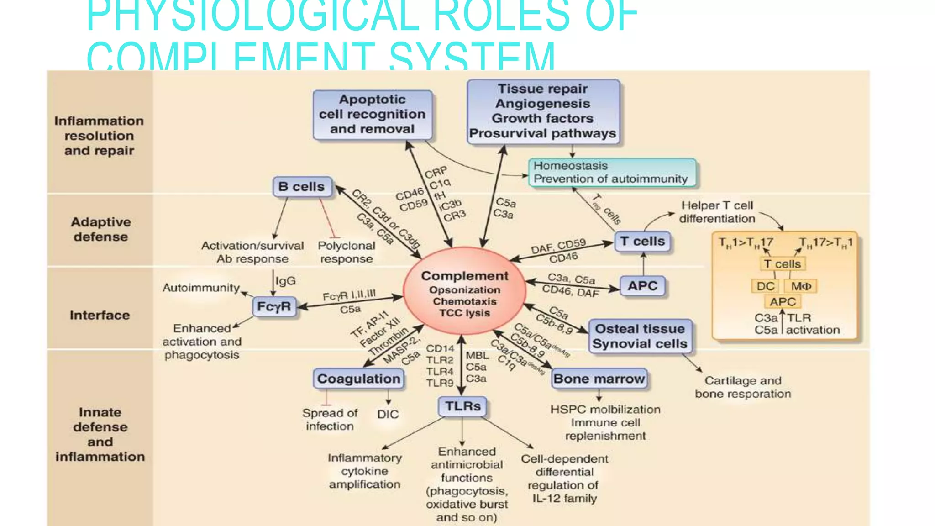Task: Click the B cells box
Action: [302, 187]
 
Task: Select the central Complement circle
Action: [464, 292]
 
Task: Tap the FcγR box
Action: [274, 306]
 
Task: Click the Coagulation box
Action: [359, 379]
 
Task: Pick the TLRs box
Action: [463, 406]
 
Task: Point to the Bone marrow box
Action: [599, 379]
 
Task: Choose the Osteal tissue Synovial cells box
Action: [640, 337]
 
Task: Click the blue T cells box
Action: [642, 241]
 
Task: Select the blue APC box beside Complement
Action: [642, 286]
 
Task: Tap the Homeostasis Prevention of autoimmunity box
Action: [612, 172]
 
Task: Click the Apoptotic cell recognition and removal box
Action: [372, 115]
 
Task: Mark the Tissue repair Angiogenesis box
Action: [543, 111]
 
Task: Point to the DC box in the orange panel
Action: [765, 286]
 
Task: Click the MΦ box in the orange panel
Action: [801, 286]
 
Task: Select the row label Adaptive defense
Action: [100, 229]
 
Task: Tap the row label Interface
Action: [100, 315]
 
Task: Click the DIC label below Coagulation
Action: [388, 414]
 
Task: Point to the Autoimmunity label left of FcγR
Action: [201, 288]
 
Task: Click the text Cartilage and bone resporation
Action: [743, 387]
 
